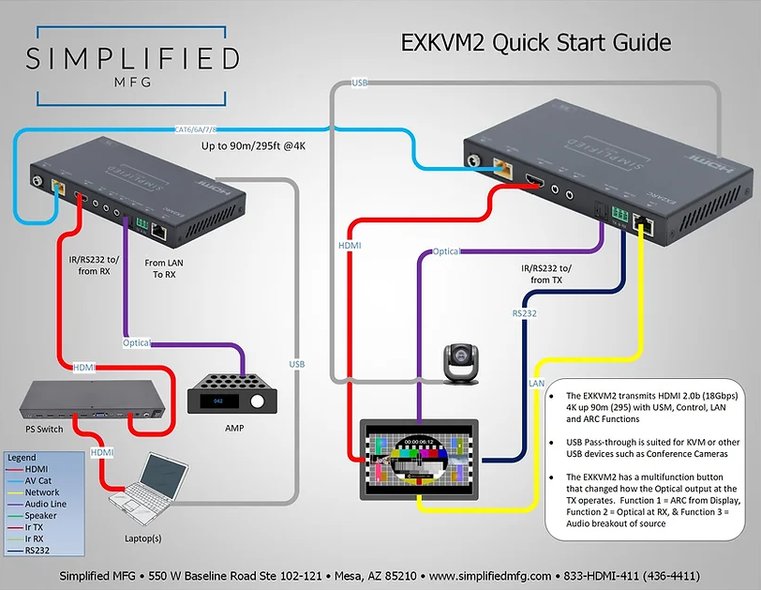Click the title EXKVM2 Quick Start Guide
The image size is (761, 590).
(536, 42)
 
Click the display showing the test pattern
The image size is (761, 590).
(420, 459)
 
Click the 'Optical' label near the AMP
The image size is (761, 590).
(137, 342)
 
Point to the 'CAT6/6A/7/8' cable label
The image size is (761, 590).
(202, 129)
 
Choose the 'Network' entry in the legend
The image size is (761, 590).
(42, 492)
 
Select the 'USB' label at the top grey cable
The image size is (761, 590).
(359, 83)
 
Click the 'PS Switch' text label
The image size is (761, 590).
(45, 429)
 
